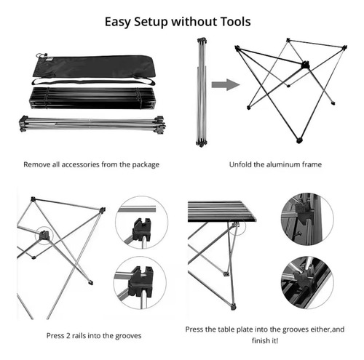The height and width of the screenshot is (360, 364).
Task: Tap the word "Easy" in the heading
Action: coord(117,23)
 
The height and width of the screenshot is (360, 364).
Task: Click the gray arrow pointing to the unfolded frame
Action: coord(226,84)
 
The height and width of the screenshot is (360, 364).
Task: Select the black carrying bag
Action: coord(93,67)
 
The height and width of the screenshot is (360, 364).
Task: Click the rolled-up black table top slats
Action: coord(92,98)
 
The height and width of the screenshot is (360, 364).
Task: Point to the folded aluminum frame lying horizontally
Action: coord(92,124)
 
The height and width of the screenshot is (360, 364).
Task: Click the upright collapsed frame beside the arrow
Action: coord(202,92)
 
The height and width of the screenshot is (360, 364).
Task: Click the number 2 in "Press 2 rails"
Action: coord(67,336)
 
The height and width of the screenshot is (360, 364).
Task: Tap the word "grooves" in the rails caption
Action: coord(128,336)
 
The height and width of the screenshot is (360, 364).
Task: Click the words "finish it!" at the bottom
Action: coord(265,340)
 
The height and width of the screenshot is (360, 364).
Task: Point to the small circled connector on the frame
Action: coord(44,235)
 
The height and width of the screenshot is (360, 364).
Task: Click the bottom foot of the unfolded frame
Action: coord(299,140)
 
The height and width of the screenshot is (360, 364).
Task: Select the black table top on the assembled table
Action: coord(221,211)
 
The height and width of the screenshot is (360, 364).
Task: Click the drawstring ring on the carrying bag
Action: coord(41,55)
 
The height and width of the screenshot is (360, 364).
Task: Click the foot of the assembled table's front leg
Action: coord(233,307)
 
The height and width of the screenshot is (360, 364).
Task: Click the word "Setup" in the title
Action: coord(151,23)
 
